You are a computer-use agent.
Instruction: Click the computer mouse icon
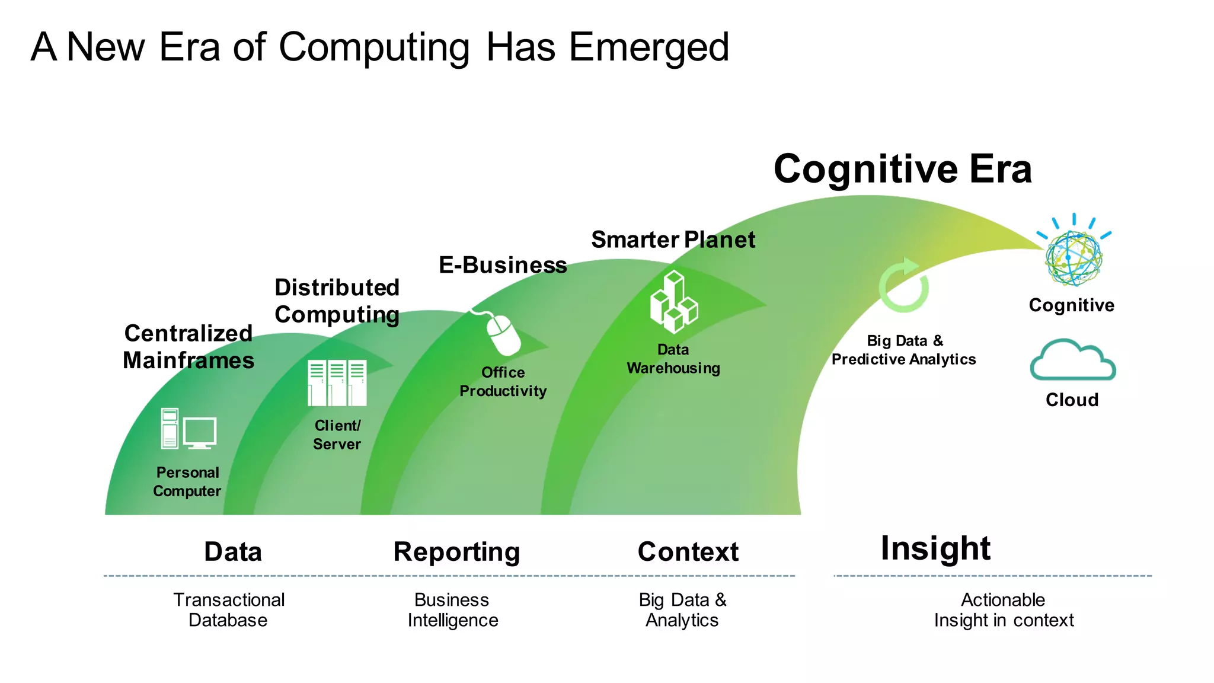tap(503, 333)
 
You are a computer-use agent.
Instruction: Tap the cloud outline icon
tap(1072, 360)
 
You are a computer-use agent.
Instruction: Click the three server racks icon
tap(337, 382)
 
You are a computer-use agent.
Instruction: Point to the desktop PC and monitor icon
tap(189, 429)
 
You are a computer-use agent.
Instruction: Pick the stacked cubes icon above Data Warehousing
tap(674, 302)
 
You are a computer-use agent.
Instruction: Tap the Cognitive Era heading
tap(902, 169)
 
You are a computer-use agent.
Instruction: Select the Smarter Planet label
tap(673, 240)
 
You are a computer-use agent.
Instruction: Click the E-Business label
tap(503, 264)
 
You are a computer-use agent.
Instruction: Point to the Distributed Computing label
tap(337, 301)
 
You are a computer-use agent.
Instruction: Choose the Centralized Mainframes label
tap(189, 347)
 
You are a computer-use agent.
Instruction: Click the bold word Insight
tap(935, 548)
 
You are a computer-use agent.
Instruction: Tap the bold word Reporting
tap(456, 552)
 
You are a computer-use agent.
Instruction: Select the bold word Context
tap(688, 552)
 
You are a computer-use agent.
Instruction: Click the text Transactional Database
tap(229, 609)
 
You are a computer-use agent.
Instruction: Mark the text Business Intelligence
tap(452, 609)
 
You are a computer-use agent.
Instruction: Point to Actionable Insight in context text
tap(1003, 609)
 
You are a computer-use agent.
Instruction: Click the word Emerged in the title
tap(648, 47)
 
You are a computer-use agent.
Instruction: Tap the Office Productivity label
tap(503, 381)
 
